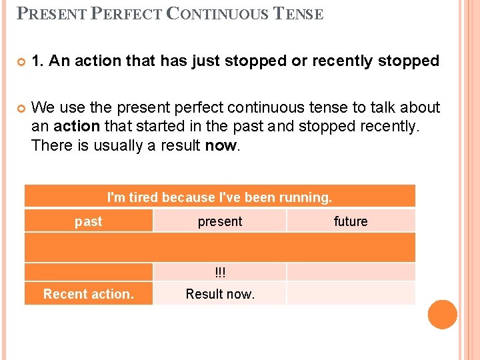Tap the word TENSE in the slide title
(x=299, y=14)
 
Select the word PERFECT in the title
(x=126, y=14)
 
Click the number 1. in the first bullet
(x=38, y=61)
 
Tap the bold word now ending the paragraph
(x=220, y=145)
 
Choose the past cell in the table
(x=89, y=221)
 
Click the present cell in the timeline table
(x=220, y=221)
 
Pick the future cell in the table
(x=351, y=221)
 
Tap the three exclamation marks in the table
(x=220, y=272)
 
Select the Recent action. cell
(x=89, y=294)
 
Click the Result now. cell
(x=220, y=294)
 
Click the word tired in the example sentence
(x=143, y=197)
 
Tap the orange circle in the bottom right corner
(x=443, y=315)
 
